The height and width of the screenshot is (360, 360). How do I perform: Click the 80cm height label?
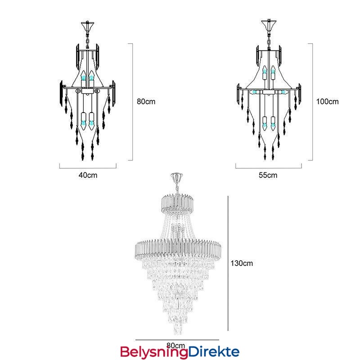tap(146, 102)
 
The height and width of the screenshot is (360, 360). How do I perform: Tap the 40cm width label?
tap(88, 175)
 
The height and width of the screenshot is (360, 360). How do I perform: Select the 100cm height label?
tap(328, 102)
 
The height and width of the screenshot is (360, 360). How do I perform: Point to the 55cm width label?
tap(268, 175)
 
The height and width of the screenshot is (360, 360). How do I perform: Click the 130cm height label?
tap(242, 263)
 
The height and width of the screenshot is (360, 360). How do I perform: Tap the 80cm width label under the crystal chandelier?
tap(175, 345)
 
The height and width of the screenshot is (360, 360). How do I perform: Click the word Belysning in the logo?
tap(154, 352)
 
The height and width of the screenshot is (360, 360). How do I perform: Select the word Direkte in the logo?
tap(214, 351)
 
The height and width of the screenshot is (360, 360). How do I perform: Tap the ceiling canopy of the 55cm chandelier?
tap(269, 25)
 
